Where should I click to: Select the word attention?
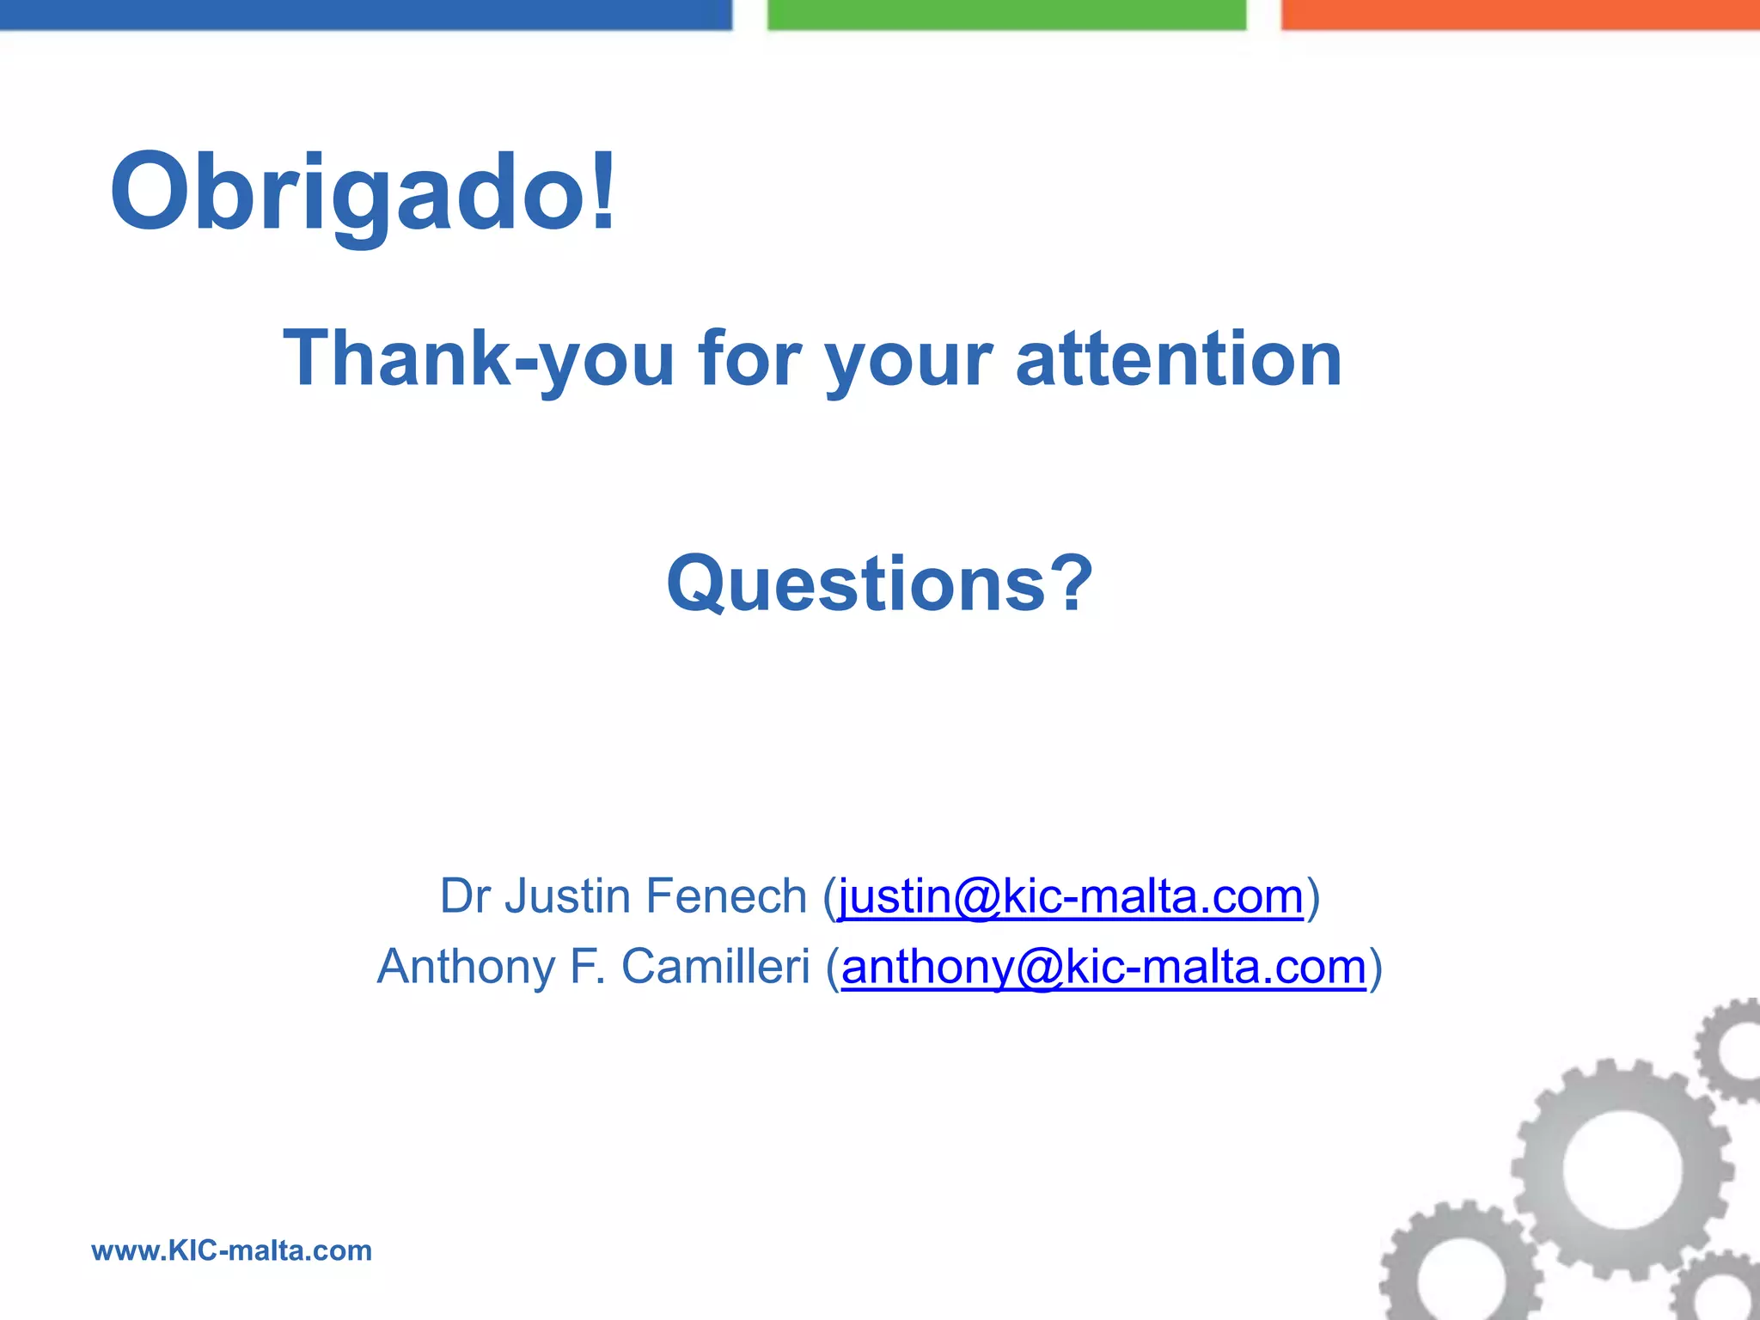click(1178, 358)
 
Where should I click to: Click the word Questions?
click(879, 584)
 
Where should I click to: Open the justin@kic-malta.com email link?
click(1071, 897)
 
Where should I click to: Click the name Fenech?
click(726, 896)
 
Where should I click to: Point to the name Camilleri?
click(715, 967)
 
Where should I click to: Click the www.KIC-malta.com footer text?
click(232, 1250)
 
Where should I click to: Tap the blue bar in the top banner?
click(365, 15)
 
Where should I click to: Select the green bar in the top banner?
click(1006, 15)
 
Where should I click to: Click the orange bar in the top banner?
click(1520, 15)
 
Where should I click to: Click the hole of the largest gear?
click(1621, 1169)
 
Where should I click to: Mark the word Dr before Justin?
click(465, 896)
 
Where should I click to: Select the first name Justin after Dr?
click(568, 896)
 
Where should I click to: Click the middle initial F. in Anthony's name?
click(588, 967)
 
